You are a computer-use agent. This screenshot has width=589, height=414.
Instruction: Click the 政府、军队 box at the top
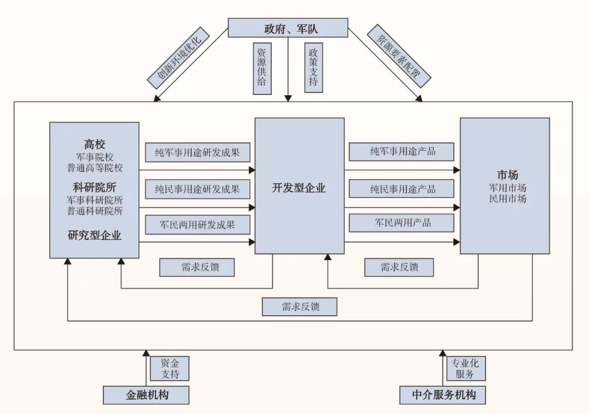coord(287,27)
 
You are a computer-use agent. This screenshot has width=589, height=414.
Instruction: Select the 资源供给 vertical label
coord(262,68)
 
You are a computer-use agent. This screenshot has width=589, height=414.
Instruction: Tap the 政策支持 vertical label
coord(314,68)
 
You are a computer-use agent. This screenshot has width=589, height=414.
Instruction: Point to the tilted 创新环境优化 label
coord(179,60)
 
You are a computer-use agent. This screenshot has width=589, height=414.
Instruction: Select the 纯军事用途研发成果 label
coord(197,152)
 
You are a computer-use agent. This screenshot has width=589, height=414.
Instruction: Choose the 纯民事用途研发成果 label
coord(197,189)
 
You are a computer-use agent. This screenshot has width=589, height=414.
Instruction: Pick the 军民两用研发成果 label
coord(197,225)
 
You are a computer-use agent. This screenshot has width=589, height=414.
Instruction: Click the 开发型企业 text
coord(299,189)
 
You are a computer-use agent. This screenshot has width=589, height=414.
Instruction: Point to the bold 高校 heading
coord(94,145)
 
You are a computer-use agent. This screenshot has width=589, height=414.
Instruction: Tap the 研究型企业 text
coord(94,236)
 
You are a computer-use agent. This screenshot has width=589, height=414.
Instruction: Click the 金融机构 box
coord(146,395)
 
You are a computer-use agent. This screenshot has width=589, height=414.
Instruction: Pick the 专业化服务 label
coord(466,369)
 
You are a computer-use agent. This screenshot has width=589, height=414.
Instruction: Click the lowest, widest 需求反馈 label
coord(299,307)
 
